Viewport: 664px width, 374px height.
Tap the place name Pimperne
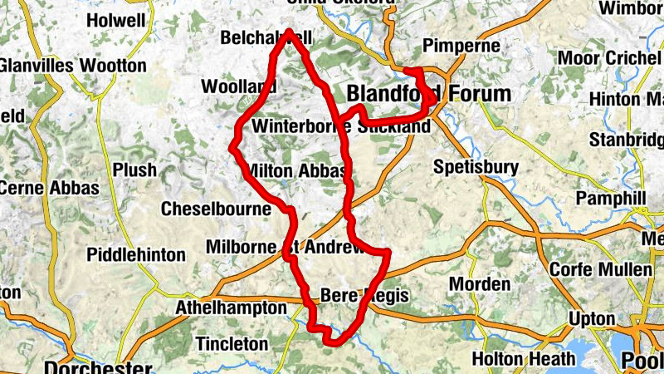click(461, 45)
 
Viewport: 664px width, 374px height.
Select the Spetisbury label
click(476, 167)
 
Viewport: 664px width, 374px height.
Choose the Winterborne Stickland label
click(340, 126)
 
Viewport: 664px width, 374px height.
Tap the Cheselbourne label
click(217, 209)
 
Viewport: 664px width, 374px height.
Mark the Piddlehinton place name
click(136, 254)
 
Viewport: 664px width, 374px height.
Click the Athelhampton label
click(231, 308)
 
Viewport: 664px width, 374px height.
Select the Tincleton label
click(232, 343)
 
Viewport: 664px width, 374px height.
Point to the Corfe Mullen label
click(601, 270)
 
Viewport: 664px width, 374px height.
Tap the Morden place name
click(480, 284)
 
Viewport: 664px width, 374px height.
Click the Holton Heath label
click(523, 359)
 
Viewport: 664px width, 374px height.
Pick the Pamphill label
click(610, 199)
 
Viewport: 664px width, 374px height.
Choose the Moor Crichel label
click(610, 58)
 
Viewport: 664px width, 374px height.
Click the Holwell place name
click(115, 19)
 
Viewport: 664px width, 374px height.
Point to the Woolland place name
click(238, 87)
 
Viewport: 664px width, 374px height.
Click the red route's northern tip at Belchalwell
click(289, 33)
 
